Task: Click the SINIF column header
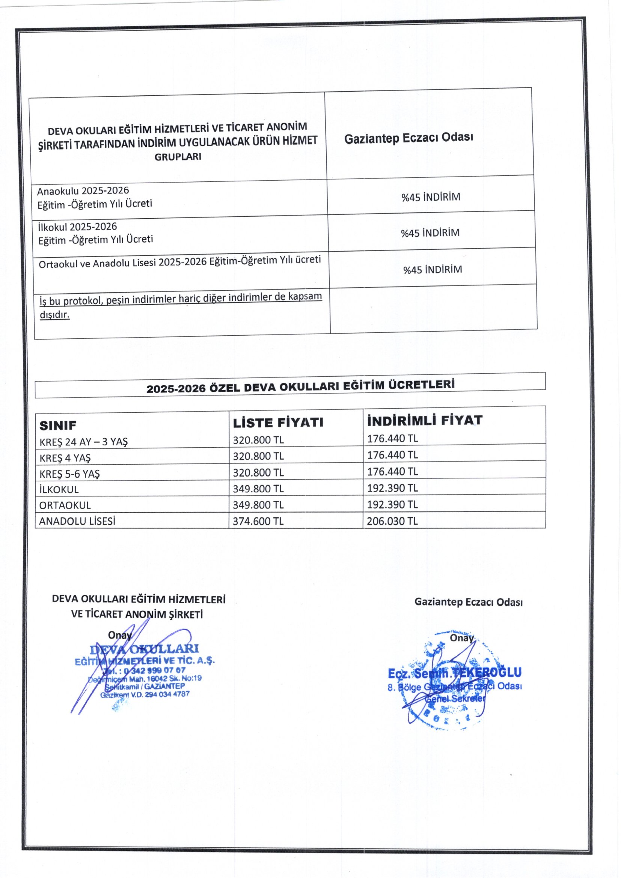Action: coord(58,425)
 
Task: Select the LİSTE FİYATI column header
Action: coord(278,422)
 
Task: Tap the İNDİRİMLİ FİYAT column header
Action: coord(425,421)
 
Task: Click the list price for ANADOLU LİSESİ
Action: coord(258,521)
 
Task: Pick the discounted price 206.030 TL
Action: coord(392,521)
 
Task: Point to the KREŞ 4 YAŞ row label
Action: coord(65,458)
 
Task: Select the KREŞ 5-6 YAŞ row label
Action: coord(69,474)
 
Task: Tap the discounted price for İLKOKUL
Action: coord(392,488)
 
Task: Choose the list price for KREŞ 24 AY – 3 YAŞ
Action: coord(258,440)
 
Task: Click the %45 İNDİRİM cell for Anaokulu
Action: coord(431,197)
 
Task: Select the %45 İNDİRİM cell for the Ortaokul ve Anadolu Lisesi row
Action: coord(433,270)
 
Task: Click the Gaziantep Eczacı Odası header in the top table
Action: coord(408,138)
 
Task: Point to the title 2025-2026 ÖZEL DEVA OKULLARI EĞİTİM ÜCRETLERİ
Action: coord(301,386)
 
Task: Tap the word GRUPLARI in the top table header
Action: coord(178,157)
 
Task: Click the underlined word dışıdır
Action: coord(55,315)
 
